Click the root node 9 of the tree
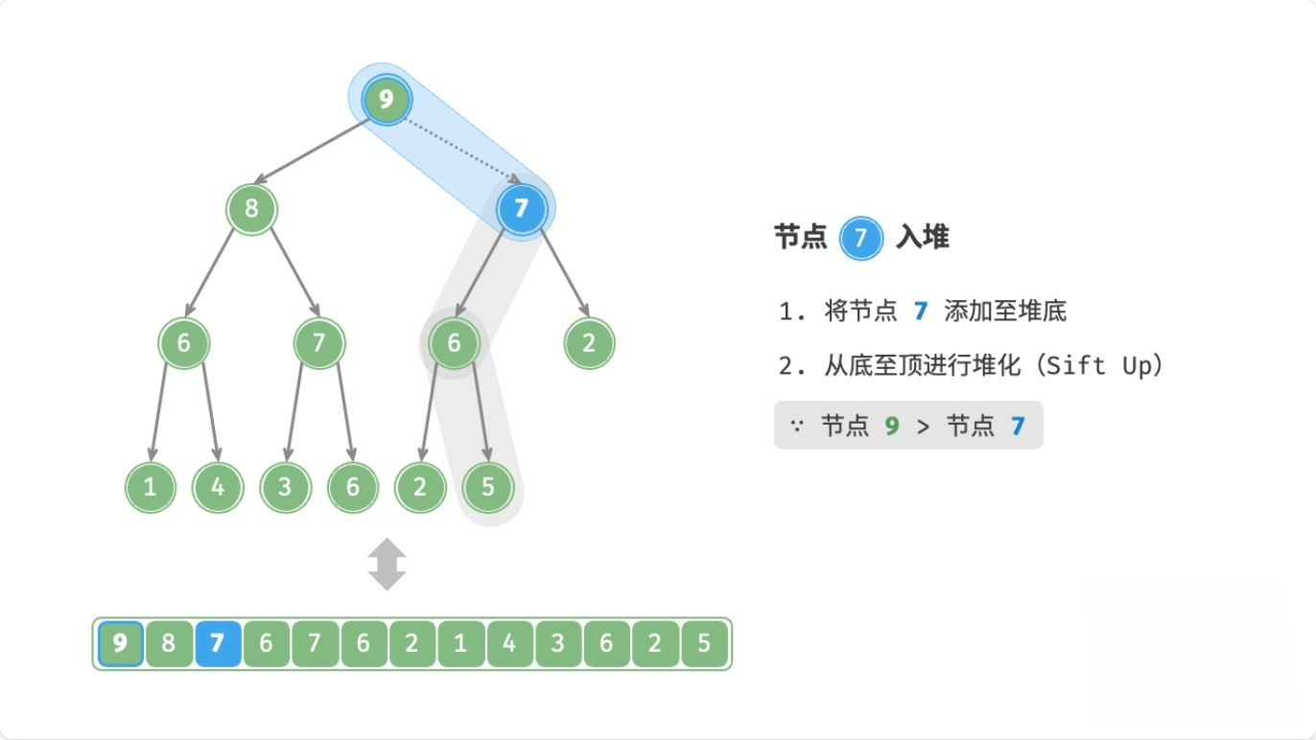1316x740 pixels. coord(387,99)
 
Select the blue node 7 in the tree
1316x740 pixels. coord(522,208)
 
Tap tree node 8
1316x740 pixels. coord(251,208)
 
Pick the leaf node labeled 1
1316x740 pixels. coord(150,487)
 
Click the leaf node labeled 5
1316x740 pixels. coord(487,487)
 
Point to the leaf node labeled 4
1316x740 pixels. coord(218,487)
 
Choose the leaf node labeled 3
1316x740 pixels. coord(285,487)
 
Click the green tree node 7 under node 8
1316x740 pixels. coord(318,343)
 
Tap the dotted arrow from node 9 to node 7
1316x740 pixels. coord(460,150)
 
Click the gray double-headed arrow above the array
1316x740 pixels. coord(387,565)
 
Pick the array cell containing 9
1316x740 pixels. coord(120,643)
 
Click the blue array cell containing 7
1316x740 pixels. coord(217,643)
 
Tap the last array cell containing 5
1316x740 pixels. coord(704,643)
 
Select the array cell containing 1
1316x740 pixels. coord(460,643)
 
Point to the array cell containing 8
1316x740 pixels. coord(168,643)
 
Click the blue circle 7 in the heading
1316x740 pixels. coord(860,238)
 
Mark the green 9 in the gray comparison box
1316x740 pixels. coord(892,426)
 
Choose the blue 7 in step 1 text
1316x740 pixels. coord(921,311)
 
